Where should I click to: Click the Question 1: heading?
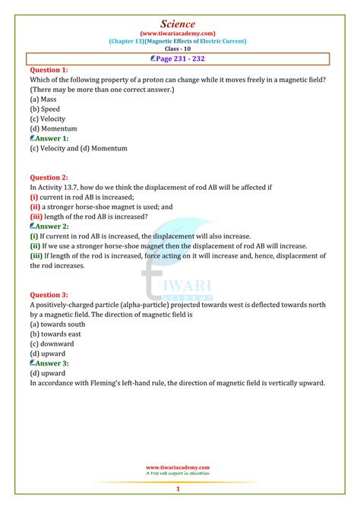[x=49, y=70]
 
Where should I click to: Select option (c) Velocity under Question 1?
[x=48, y=119]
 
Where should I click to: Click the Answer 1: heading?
[x=49, y=138]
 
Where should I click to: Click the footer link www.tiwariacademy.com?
[x=179, y=467]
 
